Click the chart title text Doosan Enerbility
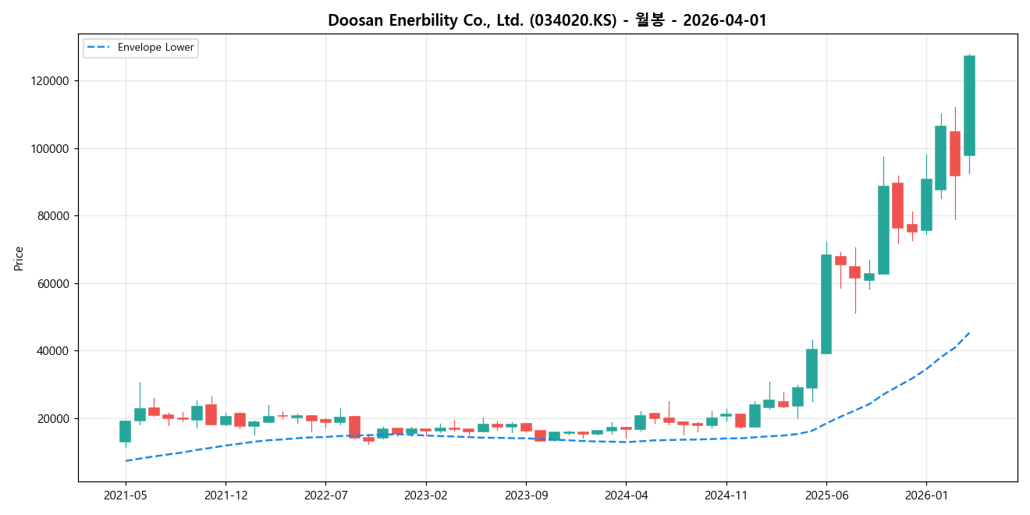[x=547, y=20]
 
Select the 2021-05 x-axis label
[x=125, y=495]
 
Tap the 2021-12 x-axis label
[x=226, y=495]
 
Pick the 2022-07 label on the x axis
[x=325, y=495]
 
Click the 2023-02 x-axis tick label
[x=425, y=495]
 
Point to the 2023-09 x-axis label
[x=525, y=495]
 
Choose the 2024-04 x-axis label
[x=626, y=495]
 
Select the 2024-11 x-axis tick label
[x=726, y=495]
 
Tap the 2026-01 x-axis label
[x=926, y=495]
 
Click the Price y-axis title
[x=19, y=258]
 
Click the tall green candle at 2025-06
[x=826, y=304]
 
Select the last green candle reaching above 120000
[x=969, y=105]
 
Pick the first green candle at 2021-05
[x=125, y=432]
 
